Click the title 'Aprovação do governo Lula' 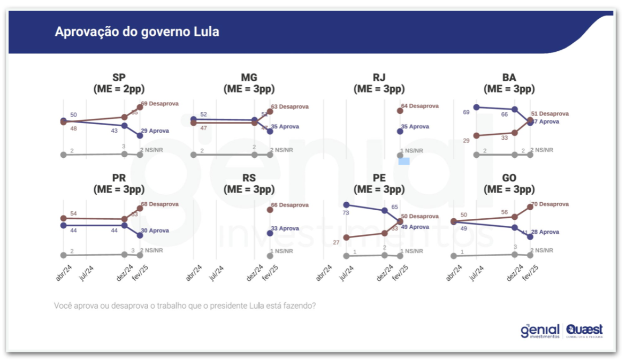pyautogui.click(x=137, y=32)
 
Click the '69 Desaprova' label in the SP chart pyautogui.click(x=159, y=103)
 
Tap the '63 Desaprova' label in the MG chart pyautogui.click(x=290, y=107)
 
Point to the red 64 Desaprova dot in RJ pyautogui.click(x=400, y=111)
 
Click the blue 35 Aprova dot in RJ pyautogui.click(x=400, y=131)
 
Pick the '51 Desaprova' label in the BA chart pyautogui.click(x=549, y=114)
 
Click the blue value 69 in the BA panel pyautogui.click(x=466, y=112)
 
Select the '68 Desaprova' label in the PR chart pyautogui.click(x=159, y=204)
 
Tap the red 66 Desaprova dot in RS pyautogui.click(x=270, y=210)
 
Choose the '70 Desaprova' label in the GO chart pyautogui.click(x=549, y=204)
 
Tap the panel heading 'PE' pyautogui.click(x=379, y=178)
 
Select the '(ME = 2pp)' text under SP pyautogui.click(x=119, y=89)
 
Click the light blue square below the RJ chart pyautogui.click(x=404, y=161)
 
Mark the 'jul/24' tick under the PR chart pyautogui.click(x=86, y=272)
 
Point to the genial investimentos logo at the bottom pyautogui.click(x=540, y=331)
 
